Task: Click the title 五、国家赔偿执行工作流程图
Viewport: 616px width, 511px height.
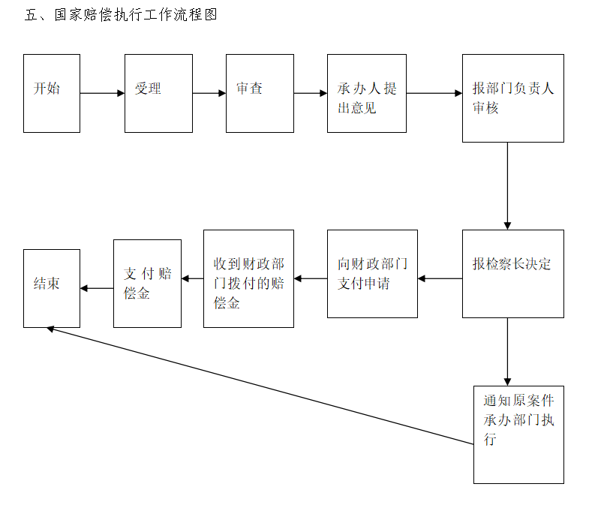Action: [121, 15]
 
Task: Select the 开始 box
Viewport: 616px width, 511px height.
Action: [52, 94]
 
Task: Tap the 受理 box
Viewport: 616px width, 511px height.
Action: [159, 94]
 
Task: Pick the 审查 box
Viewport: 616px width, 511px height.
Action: [260, 94]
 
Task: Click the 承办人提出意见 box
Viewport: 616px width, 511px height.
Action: [367, 94]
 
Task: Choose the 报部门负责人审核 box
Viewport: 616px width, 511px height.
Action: [513, 98]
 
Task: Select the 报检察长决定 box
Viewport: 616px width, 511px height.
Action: [513, 274]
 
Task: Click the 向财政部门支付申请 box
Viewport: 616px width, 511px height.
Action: [372, 274]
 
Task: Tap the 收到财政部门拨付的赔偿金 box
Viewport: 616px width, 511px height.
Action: [248, 279]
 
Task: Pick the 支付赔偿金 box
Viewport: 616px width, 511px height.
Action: [147, 284]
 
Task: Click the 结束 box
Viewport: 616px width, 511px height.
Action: [52, 288]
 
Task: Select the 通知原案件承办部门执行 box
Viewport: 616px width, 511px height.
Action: [519, 434]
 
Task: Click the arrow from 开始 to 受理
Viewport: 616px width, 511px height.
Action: [103, 93]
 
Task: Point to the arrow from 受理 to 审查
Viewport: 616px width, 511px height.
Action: [209, 93]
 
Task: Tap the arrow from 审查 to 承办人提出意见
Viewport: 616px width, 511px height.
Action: [311, 93]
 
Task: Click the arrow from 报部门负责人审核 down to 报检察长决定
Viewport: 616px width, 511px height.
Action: [507, 186]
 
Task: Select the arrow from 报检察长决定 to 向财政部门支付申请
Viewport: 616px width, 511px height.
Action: [440, 278]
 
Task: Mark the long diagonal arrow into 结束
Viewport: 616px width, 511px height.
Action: [260, 386]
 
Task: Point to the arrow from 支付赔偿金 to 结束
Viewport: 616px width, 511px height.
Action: [97, 288]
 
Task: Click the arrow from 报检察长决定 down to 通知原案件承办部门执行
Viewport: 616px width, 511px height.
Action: [507, 352]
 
